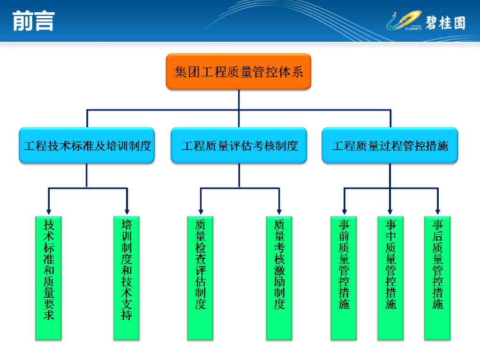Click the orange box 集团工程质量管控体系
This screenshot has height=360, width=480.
tap(239, 72)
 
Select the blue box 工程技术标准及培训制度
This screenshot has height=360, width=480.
tap(87, 146)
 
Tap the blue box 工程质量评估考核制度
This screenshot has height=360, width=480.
tap(239, 146)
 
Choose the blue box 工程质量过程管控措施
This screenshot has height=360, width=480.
tap(390, 146)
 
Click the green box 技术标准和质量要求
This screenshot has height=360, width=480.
tap(48, 278)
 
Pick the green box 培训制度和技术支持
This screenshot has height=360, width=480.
tap(127, 278)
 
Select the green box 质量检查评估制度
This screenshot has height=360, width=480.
tap(200, 278)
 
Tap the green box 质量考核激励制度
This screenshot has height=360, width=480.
tap(279, 278)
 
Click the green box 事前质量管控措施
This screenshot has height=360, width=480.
tap(344, 278)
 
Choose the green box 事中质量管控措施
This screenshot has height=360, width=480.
tap(390, 278)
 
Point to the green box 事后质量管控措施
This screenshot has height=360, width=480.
tap(437, 278)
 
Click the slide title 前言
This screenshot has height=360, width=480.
tap(34, 21)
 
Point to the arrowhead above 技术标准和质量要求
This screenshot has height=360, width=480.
tap(48, 211)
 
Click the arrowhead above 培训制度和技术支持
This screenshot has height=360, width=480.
tap(127, 211)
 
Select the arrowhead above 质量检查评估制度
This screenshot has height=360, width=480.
tap(200, 211)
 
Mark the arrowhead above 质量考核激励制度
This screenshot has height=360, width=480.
tap(279, 211)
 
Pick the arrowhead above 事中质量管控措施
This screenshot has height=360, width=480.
tap(390, 211)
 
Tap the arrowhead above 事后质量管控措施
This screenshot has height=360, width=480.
tap(438, 211)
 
